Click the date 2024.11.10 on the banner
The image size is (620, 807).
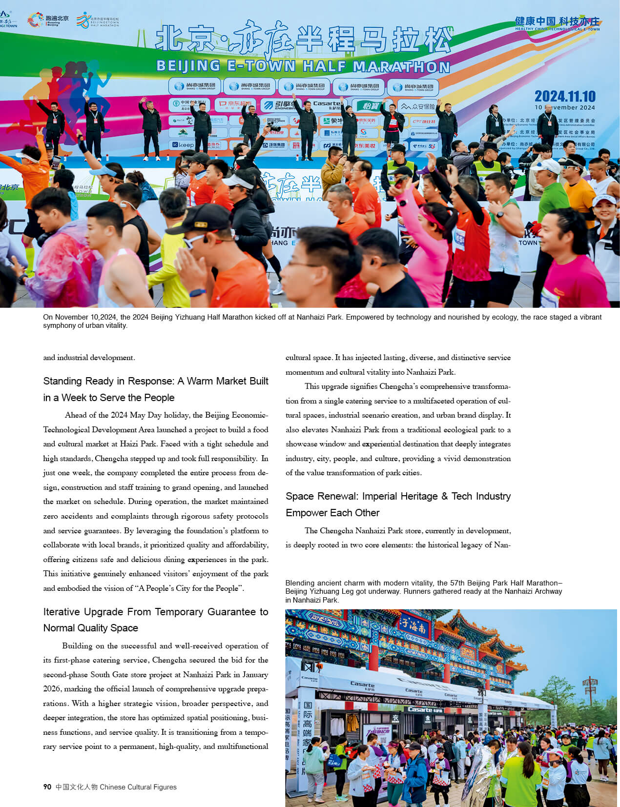(565, 96)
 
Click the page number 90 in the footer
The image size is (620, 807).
(47, 787)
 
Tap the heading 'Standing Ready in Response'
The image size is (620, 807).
(108, 381)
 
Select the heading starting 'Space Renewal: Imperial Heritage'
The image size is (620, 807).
(398, 496)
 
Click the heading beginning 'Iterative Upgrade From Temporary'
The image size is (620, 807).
(155, 612)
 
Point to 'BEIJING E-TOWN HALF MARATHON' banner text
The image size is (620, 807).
(303, 66)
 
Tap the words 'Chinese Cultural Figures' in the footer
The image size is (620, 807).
(138, 787)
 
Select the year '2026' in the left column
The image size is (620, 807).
(52, 688)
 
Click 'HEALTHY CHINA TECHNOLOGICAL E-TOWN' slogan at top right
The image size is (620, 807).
(557, 29)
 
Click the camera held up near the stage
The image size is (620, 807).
(274, 128)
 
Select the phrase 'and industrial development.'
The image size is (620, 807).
(88, 357)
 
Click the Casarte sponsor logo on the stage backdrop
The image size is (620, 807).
(326, 104)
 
